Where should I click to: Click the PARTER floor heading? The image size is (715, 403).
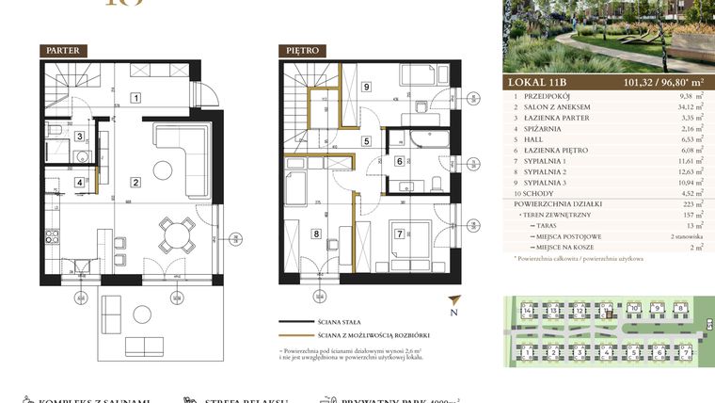coord(65,50)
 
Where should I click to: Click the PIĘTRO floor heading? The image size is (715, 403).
coord(301,50)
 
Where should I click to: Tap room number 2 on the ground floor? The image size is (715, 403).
coord(135,183)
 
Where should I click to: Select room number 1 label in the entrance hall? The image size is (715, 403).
coord(135,97)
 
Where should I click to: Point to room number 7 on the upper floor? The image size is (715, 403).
coord(400,233)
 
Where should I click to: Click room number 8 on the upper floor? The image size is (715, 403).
coord(315,233)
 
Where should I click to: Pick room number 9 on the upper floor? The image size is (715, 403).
coord(366,88)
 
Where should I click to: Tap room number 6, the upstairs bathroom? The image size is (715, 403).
coord(400,161)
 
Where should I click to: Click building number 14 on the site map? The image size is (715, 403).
coord(528,310)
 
